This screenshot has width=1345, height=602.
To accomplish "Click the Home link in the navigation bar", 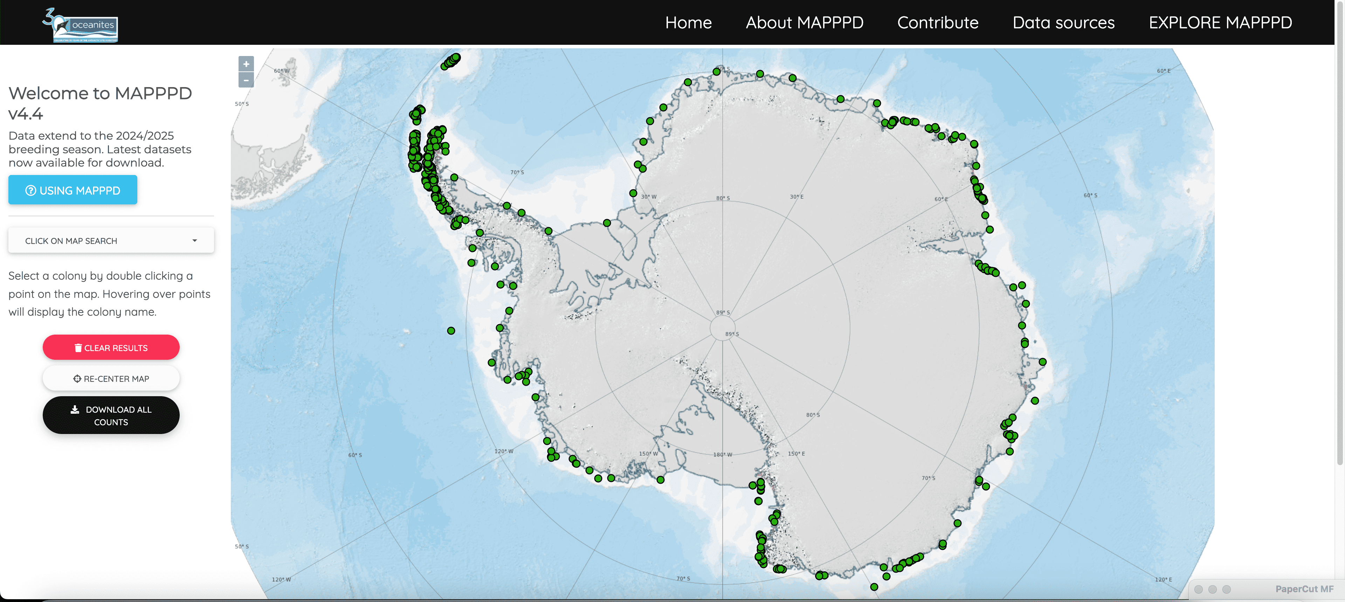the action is (688, 22).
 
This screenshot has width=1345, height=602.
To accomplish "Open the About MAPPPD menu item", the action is (804, 22).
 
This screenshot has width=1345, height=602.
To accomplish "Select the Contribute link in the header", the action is (938, 22).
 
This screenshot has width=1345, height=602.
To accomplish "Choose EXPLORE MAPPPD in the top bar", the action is (1220, 22).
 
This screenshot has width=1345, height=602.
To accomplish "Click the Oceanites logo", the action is (81, 25).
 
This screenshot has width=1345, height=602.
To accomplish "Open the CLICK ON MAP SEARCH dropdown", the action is (111, 240).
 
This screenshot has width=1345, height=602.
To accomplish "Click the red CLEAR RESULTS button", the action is (111, 348).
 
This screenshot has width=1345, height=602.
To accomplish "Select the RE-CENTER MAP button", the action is (111, 378).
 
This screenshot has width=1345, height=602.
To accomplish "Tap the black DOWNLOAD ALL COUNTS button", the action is (111, 415).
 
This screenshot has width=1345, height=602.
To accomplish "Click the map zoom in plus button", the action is (246, 64).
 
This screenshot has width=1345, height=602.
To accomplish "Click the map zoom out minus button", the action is (246, 80).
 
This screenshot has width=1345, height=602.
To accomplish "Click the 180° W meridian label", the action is (723, 454).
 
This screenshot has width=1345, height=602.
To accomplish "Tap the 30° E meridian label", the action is (796, 197).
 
